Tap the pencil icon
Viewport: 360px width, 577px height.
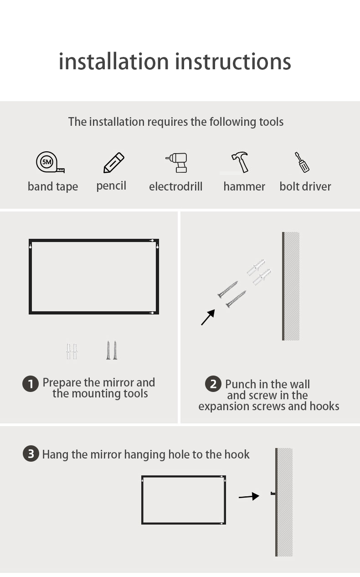coord(114,163)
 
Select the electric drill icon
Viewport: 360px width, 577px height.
coord(177,163)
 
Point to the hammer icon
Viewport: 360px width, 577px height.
coord(240,162)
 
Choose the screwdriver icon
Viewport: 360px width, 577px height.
coord(302,162)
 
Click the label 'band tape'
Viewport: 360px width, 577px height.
coord(53,186)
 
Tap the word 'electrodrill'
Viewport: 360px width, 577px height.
coord(175,186)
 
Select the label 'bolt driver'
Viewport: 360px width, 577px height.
coord(305,186)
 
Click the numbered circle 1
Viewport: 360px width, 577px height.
coord(31,384)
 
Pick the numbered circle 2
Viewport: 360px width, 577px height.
coord(213,384)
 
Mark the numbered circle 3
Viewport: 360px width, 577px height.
coord(31,453)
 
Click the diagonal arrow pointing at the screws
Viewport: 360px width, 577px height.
coord(208,317)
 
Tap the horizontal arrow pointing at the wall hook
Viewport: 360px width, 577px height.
coord(249,496)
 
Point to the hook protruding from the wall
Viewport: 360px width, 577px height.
coord(273,494)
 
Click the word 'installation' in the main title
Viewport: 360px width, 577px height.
coord(113,62)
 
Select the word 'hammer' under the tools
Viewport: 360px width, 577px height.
coord(244,186)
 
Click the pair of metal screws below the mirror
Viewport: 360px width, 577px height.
coord(112,350)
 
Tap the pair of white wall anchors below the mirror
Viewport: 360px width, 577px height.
coord(72,351)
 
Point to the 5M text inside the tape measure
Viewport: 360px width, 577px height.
coord(47,162)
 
